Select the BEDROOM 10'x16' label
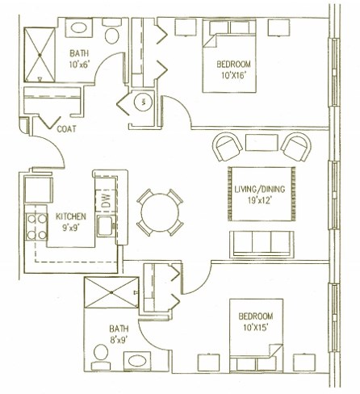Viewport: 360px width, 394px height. point(234,69)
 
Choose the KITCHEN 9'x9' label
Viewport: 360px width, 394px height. point(71,222)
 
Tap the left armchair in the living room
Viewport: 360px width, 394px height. point(227,146)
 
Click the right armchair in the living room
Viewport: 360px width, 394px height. point(295,146)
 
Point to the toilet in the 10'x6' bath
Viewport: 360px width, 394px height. point(111,32)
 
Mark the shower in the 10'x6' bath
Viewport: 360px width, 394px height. point(38,55)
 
